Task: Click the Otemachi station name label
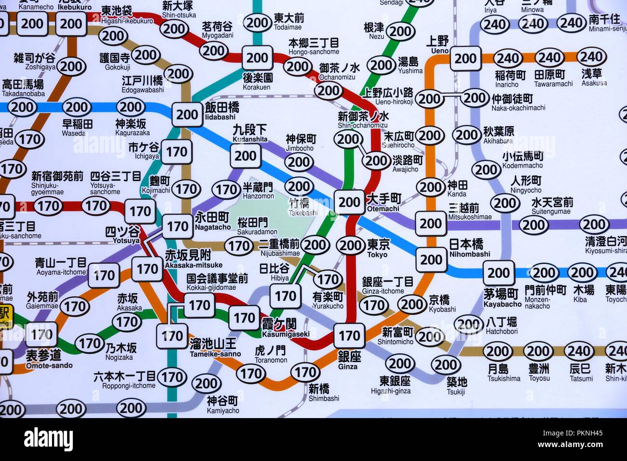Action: (383, 203)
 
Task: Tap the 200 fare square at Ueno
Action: (465, 59)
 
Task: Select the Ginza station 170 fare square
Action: (349, 336)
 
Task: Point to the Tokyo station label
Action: (377, 248)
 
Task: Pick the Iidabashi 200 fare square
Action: (187, 115)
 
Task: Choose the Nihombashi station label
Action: (466, 248)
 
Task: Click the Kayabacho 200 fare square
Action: (498, 273)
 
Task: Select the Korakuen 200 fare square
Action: (257, 58)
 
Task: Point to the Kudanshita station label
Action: (250, 133)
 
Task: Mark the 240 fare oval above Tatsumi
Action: (579, 352)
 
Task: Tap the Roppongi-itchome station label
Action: (124, 380)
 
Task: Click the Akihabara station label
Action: (498, 135)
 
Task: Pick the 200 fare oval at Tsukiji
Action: (445, 365)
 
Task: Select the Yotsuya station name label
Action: (123, 234)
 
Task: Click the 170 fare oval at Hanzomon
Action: (227, 189)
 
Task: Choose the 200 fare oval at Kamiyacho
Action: (206, 384)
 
